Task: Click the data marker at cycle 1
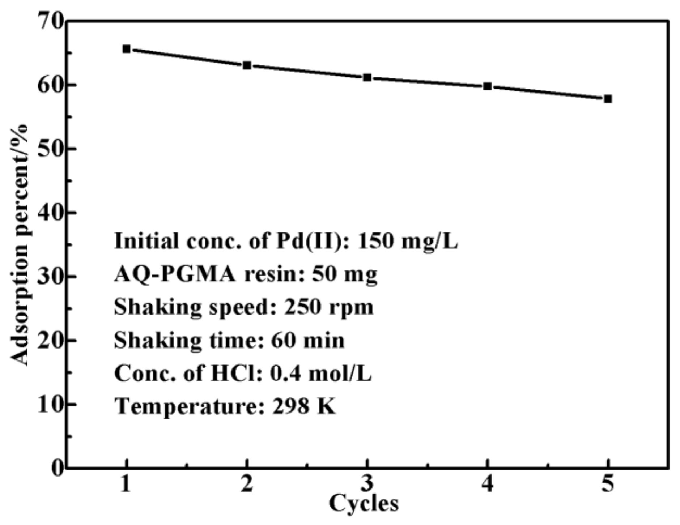point(126,49)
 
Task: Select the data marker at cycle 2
point(247,65)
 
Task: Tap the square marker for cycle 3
point(367,77)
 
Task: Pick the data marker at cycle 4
point(487,86)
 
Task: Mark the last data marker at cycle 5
point(608,99)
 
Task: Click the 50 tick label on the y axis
point(51,149)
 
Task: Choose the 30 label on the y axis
point(51,276)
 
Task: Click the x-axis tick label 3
point(367,484)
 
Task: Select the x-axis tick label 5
point(608,484)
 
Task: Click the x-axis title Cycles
point(364,503)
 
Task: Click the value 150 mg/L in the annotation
point(407,241)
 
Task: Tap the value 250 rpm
point(328,307)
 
